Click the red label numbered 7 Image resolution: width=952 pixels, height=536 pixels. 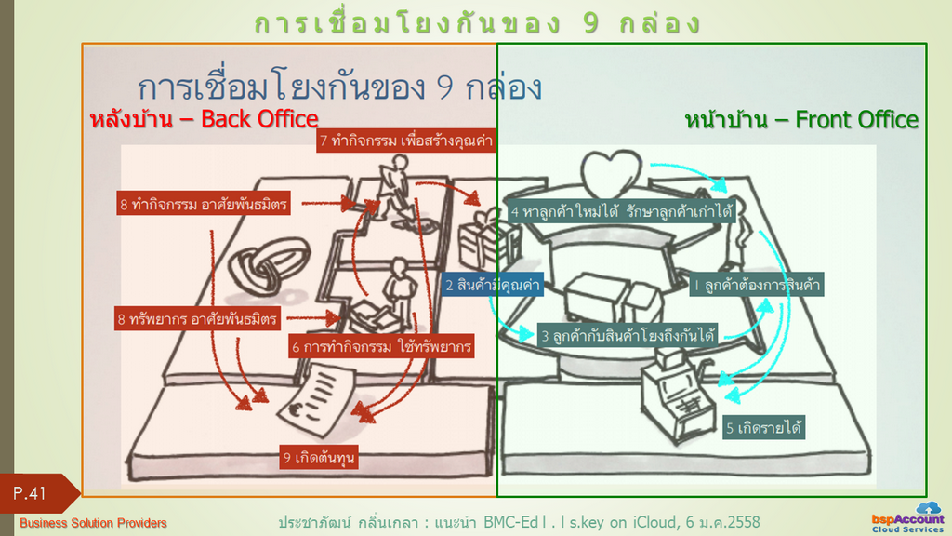tap(405, 141)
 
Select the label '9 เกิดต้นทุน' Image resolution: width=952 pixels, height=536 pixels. tap(319, 458)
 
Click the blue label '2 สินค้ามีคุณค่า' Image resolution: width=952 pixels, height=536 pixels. tap(493, 285)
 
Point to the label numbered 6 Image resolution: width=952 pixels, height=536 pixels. tap(381, 346)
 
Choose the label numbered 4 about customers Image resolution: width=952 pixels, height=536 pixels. tap(622, 211)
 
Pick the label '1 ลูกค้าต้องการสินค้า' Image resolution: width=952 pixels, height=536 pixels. tap(757, 285)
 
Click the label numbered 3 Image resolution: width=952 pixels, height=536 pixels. tap(628, 335)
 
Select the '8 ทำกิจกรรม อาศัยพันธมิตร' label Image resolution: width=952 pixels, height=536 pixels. tap(204, 204)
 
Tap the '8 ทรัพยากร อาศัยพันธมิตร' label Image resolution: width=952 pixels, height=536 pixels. tap(197, 318)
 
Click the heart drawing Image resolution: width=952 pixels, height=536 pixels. tap(612, 172)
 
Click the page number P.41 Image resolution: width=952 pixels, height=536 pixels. tap(30, 493)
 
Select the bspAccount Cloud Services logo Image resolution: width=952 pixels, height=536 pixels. tap(908, 517)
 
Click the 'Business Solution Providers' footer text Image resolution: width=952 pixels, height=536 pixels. tap(93, 523)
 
